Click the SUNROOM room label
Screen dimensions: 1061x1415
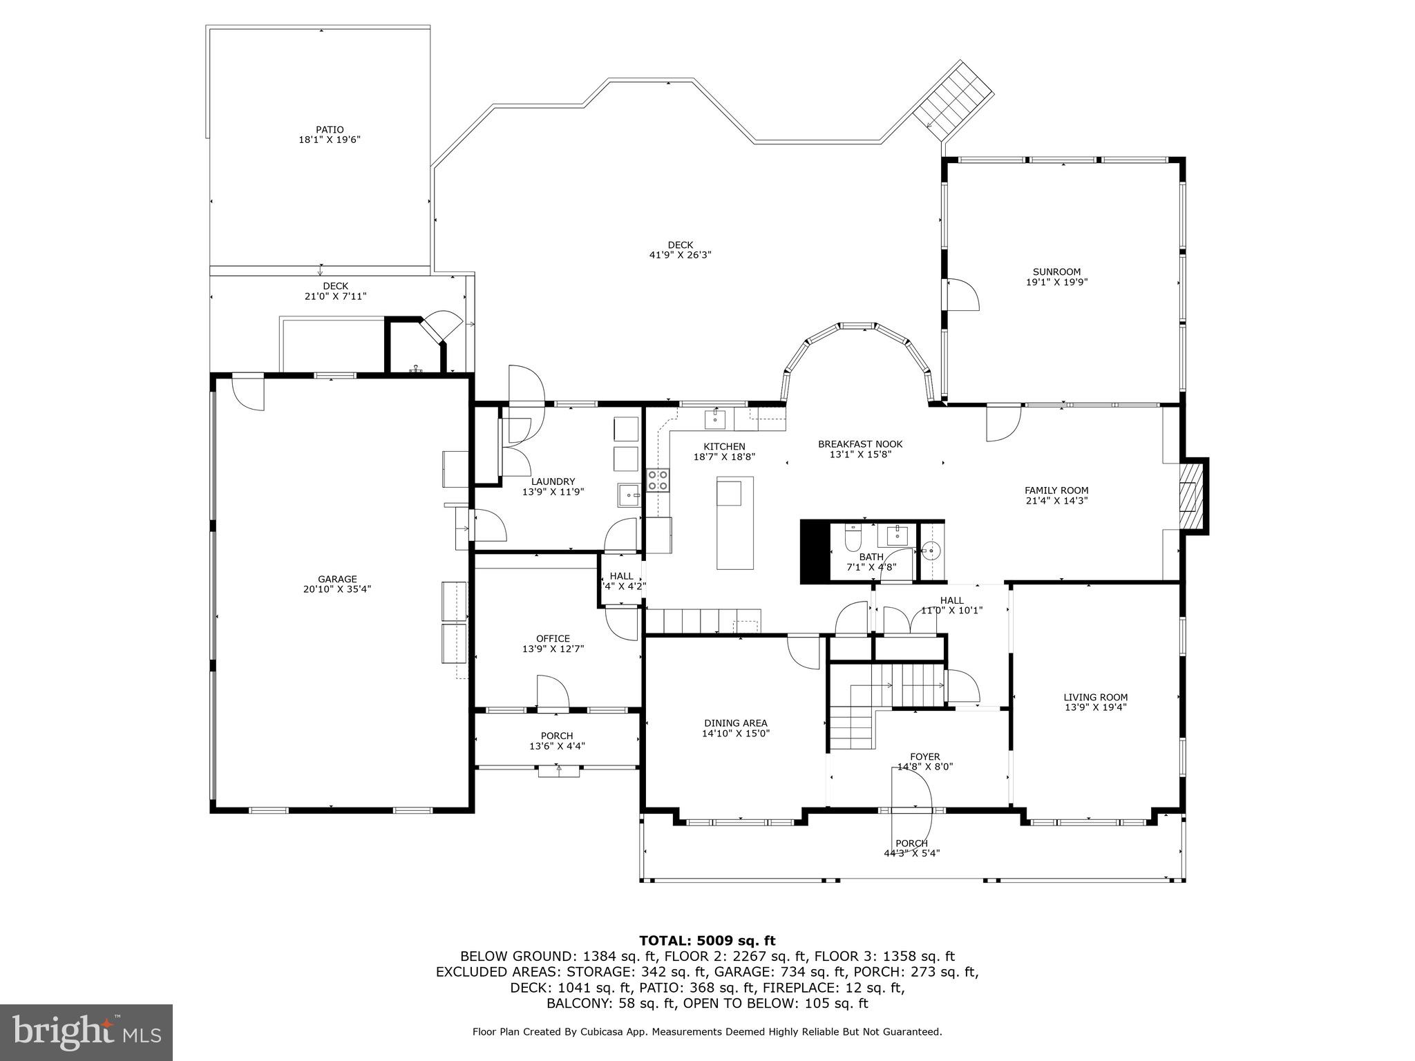(1056, 272)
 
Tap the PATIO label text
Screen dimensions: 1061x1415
(330, 130)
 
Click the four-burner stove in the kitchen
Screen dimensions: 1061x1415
(657, 480)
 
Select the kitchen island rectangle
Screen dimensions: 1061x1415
(734, 523)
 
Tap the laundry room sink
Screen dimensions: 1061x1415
(629, 495)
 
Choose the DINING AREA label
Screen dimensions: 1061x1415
(736, 723)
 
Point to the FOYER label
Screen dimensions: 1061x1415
(924, 757)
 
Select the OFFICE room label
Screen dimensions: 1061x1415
(553, 639)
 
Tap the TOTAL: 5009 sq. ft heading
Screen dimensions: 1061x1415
(707, 941)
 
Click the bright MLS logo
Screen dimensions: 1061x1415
(86, 1033)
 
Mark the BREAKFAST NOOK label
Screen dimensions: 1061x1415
(860, 444)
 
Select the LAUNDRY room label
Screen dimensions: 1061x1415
(553, 482)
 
